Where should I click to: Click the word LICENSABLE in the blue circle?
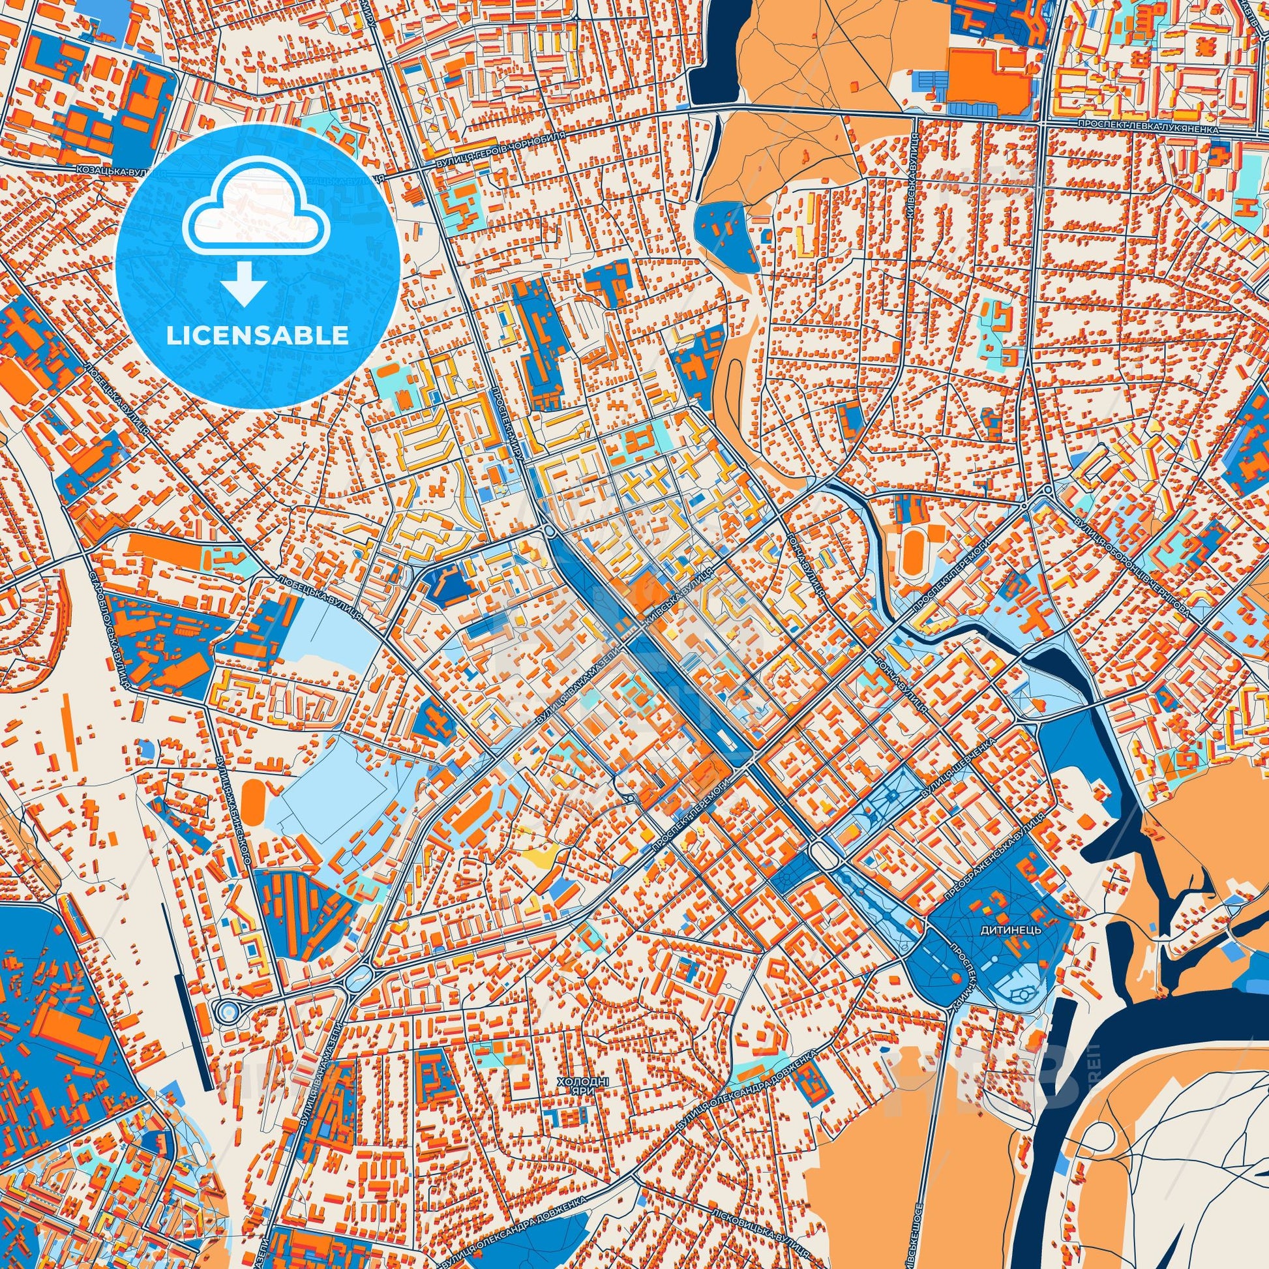pyautogui.click(x=257, y=336)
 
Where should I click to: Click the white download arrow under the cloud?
pyautogui.click(x=244, y=284)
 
